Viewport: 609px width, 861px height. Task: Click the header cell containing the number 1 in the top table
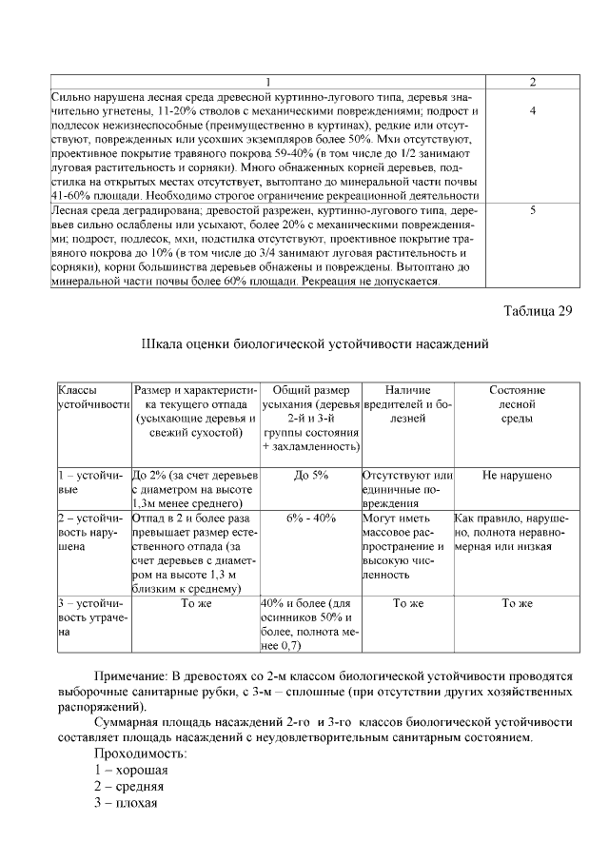tap(269, 83)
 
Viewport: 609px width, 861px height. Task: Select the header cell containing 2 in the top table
tap(532, 83)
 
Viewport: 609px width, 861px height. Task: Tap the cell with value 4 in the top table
tap(532, 111)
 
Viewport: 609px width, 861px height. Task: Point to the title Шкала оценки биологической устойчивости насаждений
tap(314, 343)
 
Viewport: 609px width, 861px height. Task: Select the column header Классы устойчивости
tap(91, 398)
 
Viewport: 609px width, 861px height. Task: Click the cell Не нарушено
tap(517, 475)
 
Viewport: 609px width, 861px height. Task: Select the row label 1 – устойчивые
tap(90, 481)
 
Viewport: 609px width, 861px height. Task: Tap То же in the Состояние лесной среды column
tap(517, 604)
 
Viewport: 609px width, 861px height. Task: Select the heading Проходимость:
tap(140, 753)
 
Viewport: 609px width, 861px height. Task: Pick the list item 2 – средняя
tap(128, 786)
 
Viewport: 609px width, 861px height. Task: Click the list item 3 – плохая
tap(125, 802)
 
